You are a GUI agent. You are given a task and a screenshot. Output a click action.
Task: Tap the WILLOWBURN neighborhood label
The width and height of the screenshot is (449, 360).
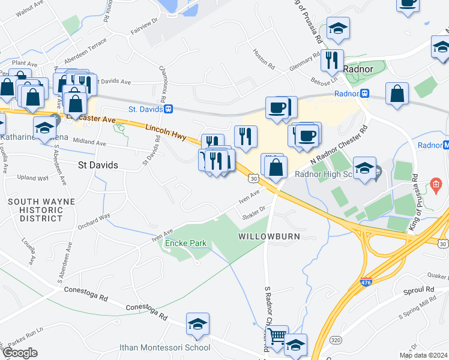pos(269,236)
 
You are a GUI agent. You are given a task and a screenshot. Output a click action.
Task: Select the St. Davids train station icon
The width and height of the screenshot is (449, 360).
pos(169,109)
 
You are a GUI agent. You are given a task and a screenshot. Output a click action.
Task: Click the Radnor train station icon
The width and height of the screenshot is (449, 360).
pos(364,94)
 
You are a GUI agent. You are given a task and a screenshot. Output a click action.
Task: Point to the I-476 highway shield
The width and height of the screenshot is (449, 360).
pos(365,281)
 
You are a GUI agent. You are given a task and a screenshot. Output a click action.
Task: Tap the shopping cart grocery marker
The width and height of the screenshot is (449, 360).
pos(277,336)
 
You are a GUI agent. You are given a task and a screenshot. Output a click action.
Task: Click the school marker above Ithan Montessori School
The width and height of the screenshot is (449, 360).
pos(197,324)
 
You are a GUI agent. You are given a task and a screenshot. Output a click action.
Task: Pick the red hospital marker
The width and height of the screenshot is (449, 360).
pos(436,182)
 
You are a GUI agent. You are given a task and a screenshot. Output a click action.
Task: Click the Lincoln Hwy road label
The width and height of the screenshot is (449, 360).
pos(166,130)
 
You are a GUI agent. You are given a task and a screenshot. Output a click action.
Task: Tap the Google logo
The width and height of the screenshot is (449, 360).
pos(20,353)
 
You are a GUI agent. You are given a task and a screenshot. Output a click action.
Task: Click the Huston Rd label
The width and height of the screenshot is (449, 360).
pos(263,58)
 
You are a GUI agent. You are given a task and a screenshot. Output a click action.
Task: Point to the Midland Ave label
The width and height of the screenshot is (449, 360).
pos(89,143)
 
